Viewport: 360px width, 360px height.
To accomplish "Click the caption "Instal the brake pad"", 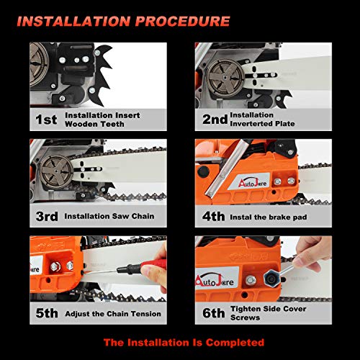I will pos(275,215).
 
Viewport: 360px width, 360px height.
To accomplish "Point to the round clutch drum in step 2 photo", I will pos(218,78).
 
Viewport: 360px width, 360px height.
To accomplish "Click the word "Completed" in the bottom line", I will pos(232,342).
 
